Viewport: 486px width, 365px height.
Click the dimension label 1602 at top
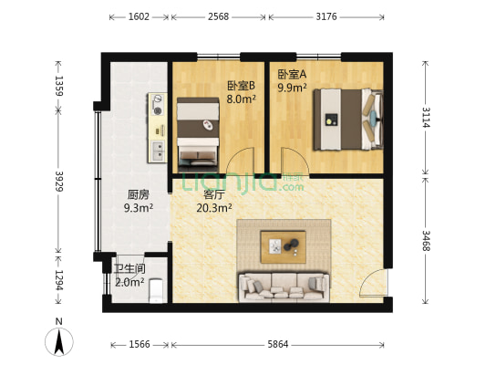[140, 17]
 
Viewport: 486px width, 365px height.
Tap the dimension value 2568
[218, 17]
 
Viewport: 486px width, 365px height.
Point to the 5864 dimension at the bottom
[279, 345]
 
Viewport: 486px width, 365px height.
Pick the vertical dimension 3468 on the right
[426, 242]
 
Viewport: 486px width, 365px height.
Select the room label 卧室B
[241, 87]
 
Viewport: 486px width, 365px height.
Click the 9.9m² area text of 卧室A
[293, 89]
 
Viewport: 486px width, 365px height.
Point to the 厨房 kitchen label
[139, 193]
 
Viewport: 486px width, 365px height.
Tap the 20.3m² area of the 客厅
[213, 208]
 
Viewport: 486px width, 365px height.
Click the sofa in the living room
[283, 286]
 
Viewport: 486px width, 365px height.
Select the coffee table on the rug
[283, 245]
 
